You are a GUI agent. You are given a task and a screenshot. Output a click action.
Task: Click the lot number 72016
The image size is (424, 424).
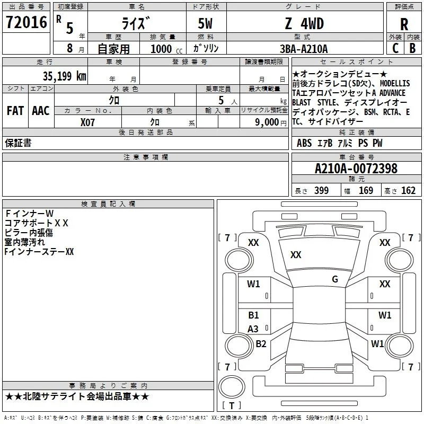tap(26, 22)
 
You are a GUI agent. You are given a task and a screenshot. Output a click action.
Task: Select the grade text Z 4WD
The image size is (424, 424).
tap(304, 23)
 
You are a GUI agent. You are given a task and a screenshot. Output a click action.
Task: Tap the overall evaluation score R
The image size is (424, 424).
tap(404, 24)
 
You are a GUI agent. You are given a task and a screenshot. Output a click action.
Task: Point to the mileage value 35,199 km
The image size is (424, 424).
tap(64, 76)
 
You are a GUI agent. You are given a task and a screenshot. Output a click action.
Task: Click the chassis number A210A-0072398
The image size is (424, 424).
tap(356, 169)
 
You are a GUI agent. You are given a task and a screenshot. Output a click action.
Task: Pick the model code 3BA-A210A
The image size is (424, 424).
tap(304, 49)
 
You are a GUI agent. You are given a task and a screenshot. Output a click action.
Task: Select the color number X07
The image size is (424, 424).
tap(87, 122)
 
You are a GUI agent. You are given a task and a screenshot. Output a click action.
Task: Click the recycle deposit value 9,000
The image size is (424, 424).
tap(267, 122)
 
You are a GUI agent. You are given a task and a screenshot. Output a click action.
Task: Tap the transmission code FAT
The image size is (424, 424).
tap(15, 111)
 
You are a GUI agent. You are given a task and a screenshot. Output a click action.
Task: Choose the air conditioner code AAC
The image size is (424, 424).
tap(41, 111)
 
